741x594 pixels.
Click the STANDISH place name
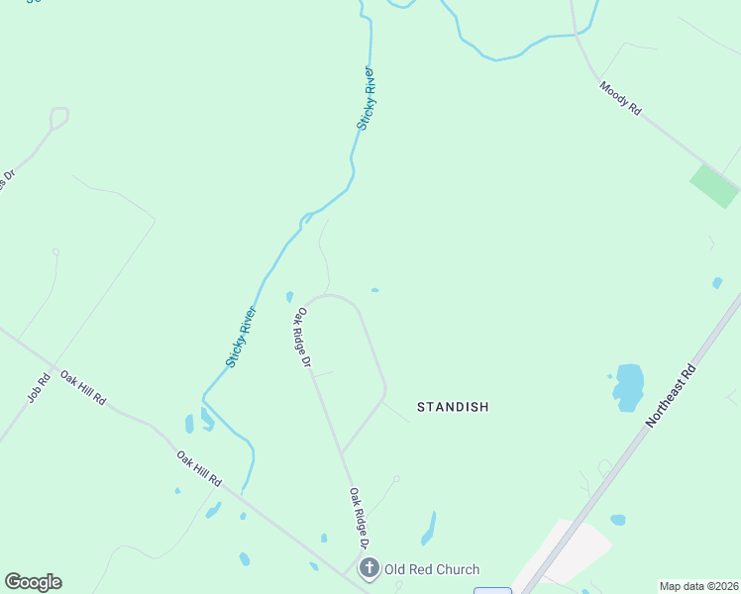tap(453, 407)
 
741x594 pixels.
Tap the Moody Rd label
tap(620, 100)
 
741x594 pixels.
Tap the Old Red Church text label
tap(433, 569)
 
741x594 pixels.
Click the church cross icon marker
tap(370, 568)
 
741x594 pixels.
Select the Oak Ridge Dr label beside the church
tap(359, 518)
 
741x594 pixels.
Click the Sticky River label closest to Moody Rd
tap(367, 99)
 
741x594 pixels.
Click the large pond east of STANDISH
tap(628, 386)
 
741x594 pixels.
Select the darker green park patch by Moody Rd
tap(714, 186)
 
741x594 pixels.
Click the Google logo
tap(33, 582)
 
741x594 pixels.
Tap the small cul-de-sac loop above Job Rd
tap(59, 118)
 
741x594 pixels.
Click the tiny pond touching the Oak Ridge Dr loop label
tap(289, 296)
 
